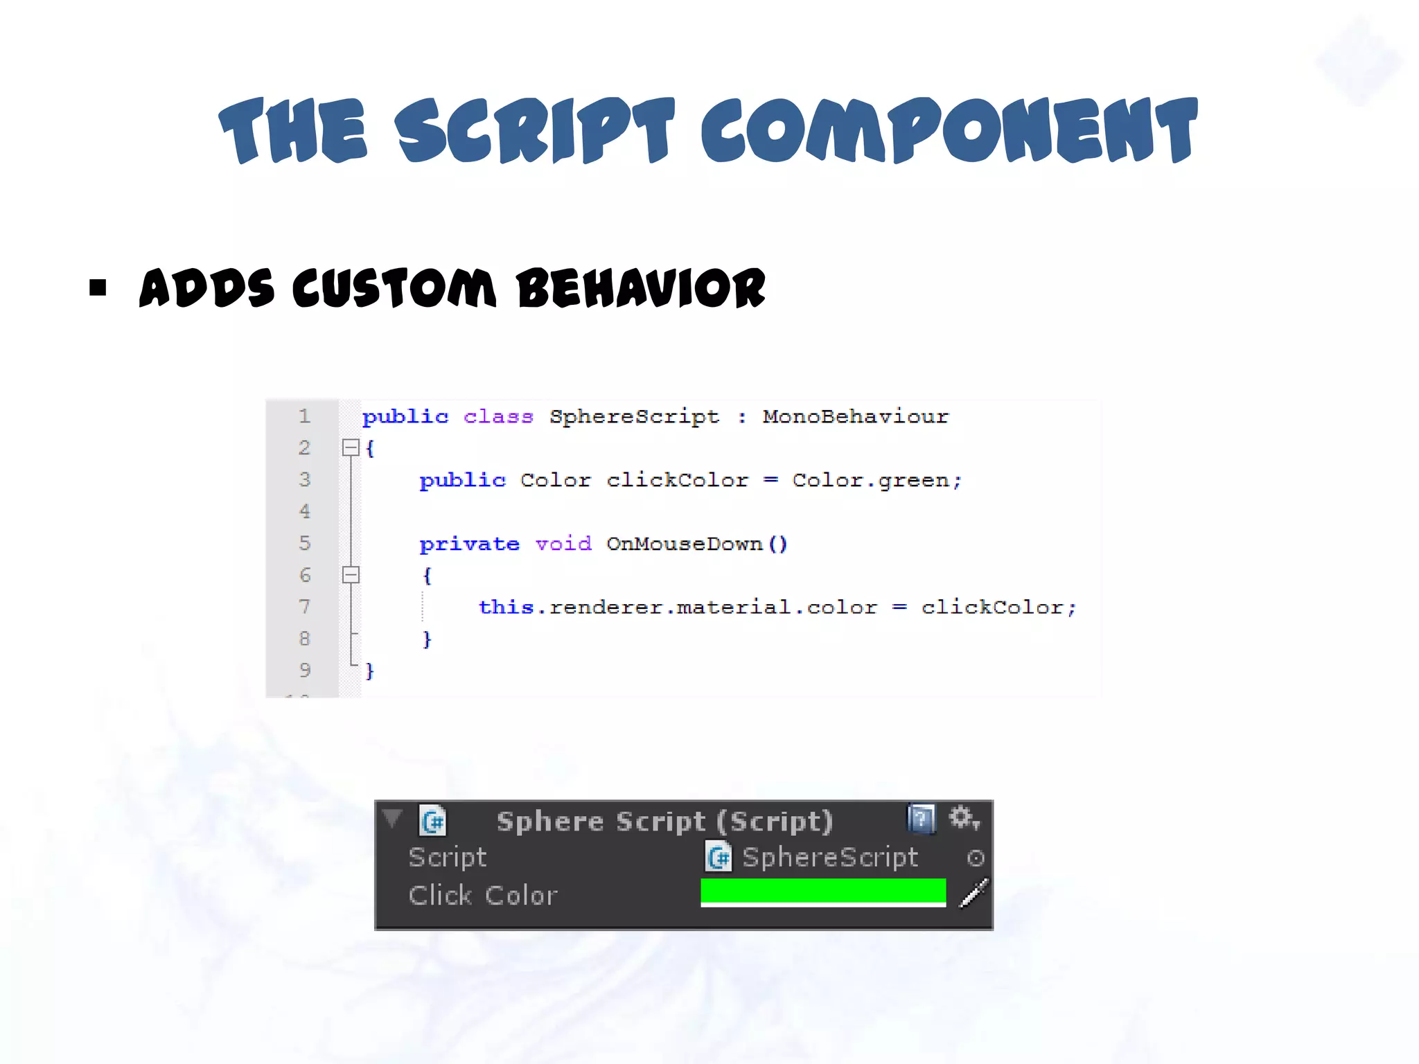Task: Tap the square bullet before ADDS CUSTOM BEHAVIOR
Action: tap(98, 287)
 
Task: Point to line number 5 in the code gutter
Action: tap(304, 543)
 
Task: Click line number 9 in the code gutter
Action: tap(304, 670)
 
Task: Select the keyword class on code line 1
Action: tap(498, 416)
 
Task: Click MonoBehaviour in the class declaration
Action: tap(855, 416)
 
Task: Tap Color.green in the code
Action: tap(876, 480)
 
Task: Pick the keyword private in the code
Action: tap(469, 544)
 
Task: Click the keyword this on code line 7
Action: tap(506, 608)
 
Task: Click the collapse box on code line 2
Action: tap(351, 447)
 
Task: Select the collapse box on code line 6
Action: tap(351, 574)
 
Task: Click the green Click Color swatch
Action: tap(823, 892)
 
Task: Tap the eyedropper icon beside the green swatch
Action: tap(973, 894)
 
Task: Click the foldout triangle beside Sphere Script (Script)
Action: tap(392, 819)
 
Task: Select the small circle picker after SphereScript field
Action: tap(976, 858)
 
